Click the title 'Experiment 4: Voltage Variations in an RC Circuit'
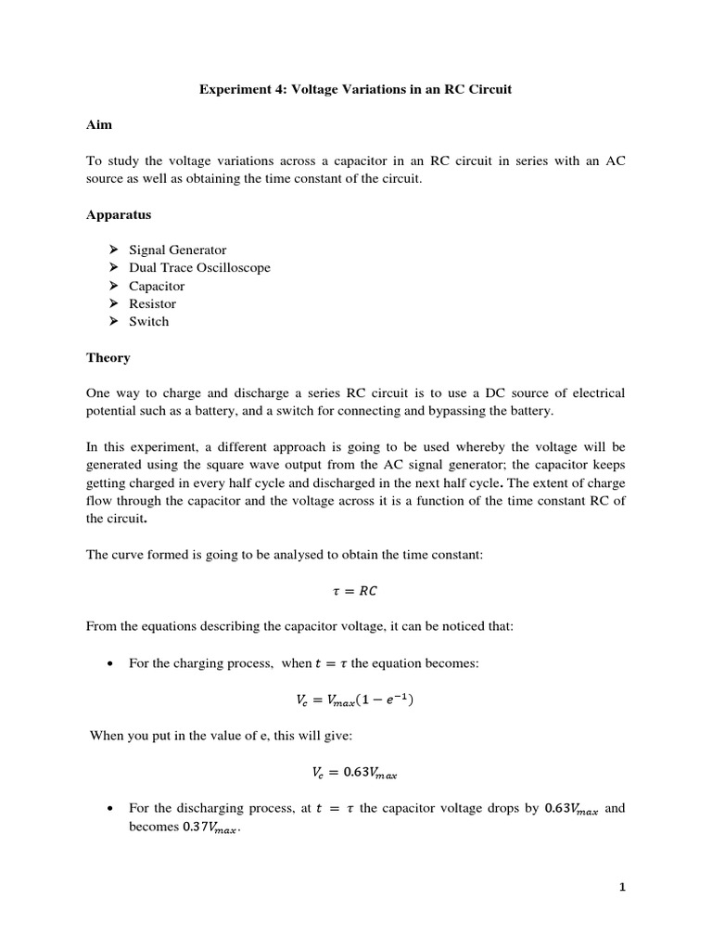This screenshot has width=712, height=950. tap(356, 90)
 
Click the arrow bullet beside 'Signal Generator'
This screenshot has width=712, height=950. tap(113, 250)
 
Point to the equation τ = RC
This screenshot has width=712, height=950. tap(355, 591)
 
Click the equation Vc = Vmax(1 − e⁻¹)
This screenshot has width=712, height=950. tap(355, 700)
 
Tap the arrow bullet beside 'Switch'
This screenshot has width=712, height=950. tap(113, 321)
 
